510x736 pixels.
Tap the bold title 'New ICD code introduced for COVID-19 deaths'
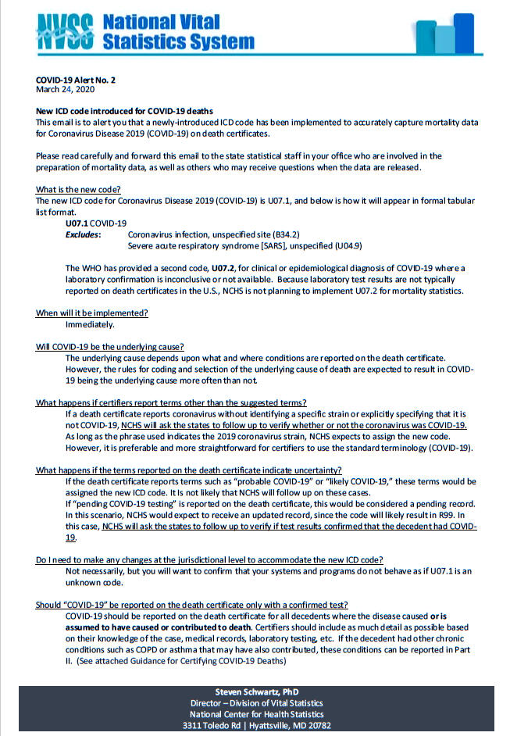[x=124, y=112]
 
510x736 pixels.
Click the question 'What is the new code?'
[x=77, y=190]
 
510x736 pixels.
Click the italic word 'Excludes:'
[x=83, y=234]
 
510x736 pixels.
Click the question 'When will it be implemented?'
[x=92, y=313]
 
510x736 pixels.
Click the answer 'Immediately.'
[x=90, y=324]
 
